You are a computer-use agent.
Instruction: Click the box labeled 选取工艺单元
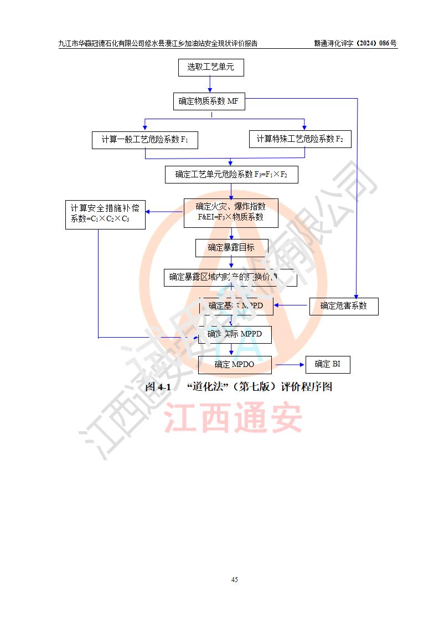pos(210,67)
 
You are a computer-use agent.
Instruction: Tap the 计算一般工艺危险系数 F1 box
pos(145,140)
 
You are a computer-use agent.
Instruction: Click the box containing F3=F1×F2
pos(231,175)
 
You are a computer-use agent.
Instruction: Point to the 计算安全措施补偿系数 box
pos(105,214)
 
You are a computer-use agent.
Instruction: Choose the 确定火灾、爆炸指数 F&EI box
pos(231,212)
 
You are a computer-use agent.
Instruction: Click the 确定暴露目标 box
pos(231,247)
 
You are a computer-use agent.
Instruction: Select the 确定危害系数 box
pos(343,305)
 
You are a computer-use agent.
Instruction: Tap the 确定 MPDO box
pos(235,364)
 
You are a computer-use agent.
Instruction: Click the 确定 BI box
pos(328,364)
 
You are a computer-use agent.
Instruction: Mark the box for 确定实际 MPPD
pos(236,334)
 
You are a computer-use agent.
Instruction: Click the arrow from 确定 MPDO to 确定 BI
pos(290,365)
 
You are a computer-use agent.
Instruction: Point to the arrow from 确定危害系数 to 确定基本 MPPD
pos(291,305)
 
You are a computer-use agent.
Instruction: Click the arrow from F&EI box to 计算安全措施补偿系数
pos(164,212)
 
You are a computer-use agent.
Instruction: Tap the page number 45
pos(235,579)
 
